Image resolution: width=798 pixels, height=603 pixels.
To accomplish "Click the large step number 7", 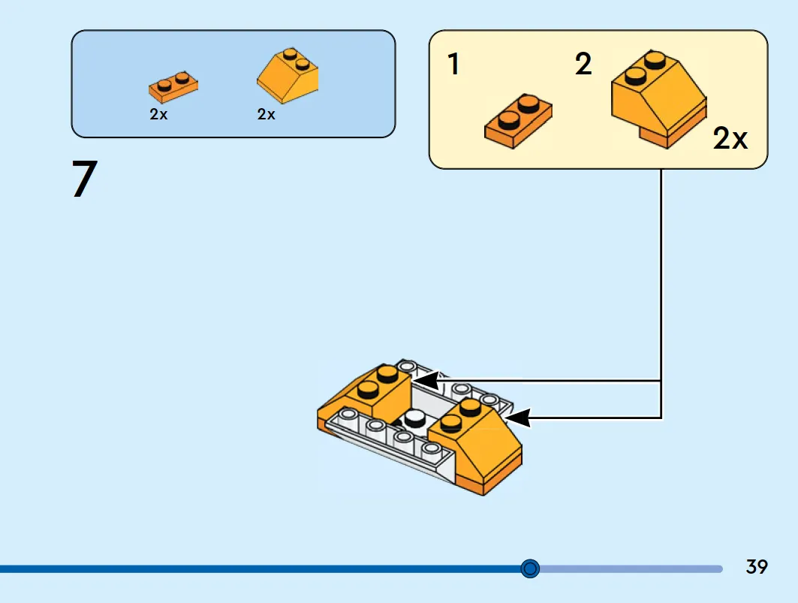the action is click(85, 178).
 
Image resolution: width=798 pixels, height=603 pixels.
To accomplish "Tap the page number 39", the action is click(756, 567).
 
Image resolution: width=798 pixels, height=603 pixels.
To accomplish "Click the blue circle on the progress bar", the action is click(530, 568).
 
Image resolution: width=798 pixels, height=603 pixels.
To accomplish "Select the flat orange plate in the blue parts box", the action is click(173, 86).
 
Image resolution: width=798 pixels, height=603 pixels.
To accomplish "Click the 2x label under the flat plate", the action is click(158, 114).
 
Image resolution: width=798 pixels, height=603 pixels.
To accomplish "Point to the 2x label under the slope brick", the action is click(267, 114).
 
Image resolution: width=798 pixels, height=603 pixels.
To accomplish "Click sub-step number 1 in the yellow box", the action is click(453, 64).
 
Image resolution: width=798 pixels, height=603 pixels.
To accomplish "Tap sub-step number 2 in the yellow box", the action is click(583, 64).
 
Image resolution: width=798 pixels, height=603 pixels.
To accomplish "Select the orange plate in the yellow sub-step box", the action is click(518, 121).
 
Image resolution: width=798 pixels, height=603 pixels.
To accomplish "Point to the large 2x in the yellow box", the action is click(730, 138).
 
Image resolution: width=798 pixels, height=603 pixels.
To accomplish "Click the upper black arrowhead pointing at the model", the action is click(426, 381).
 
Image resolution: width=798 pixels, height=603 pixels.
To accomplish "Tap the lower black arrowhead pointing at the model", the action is click(517, 418).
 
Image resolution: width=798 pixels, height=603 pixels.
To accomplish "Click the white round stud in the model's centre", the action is click(414, 418).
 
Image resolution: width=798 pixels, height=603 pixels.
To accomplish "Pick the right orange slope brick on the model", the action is click(476, 444).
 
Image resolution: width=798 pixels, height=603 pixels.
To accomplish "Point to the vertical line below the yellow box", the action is click(661, 294).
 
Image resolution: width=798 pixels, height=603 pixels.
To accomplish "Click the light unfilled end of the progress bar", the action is click(631, 568).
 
